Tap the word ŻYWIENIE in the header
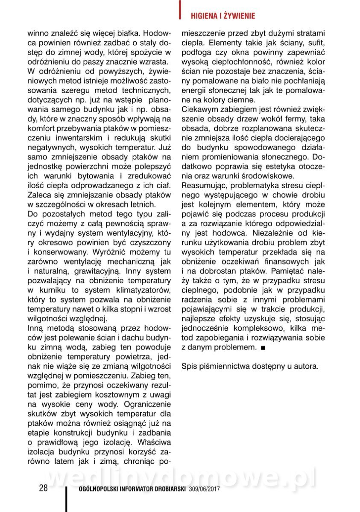pos(240,16)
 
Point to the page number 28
pos(43,488)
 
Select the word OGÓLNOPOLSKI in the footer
pos(97,489)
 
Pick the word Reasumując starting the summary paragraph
pos(203,185)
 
